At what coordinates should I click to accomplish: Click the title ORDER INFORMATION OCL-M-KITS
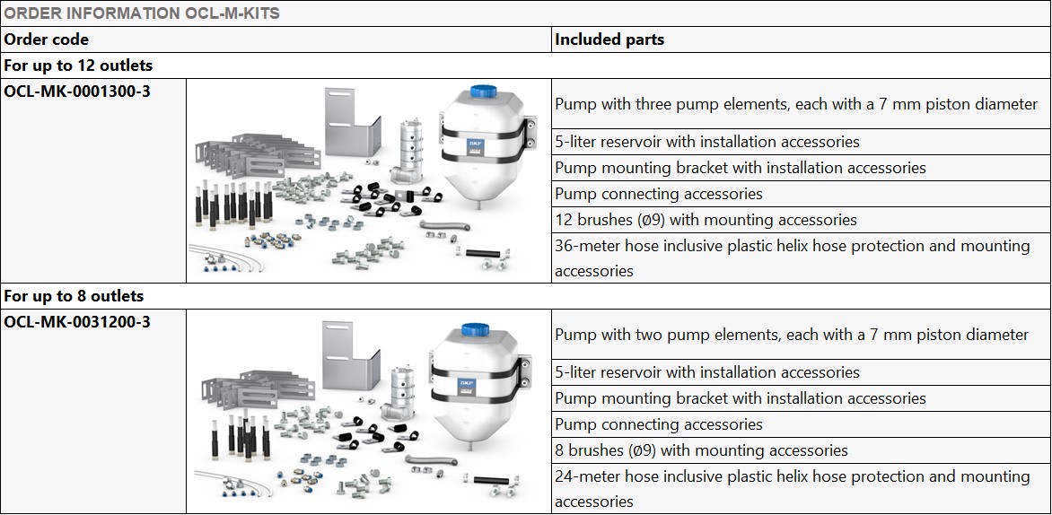142,13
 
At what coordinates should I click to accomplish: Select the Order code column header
47,39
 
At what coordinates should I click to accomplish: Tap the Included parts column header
609,39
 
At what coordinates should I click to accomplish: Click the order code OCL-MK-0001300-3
77,92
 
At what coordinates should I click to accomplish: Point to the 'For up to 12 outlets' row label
78,65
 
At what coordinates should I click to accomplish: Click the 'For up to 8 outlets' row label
74,296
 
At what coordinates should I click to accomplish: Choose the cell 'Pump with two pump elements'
791,335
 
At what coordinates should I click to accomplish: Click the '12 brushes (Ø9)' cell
706,220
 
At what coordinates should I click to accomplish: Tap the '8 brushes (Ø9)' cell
701,450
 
